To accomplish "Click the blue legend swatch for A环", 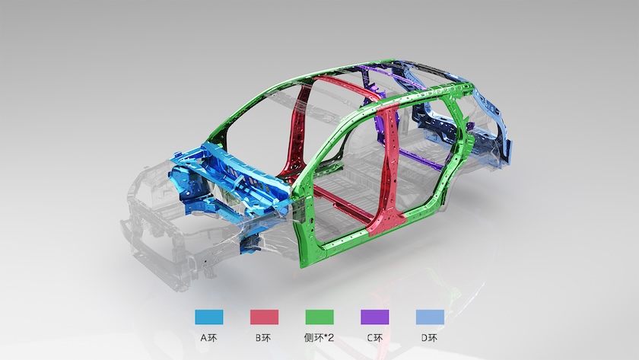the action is point(209,317).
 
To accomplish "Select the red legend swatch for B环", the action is point(265,317).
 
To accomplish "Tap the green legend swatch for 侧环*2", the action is point(319,317).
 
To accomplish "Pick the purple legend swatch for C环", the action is point(375,317).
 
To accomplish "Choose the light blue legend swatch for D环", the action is point(430,317).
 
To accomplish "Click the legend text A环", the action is point(209,338).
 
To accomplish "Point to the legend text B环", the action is point(264,338).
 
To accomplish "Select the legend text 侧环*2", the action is point(319,338).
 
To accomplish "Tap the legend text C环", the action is point(374,338).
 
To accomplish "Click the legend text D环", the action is point(430,338).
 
